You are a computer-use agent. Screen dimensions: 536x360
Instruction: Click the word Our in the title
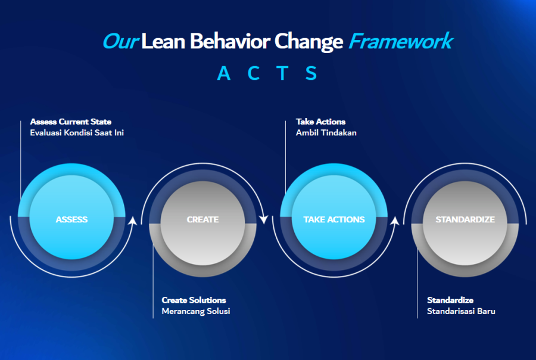(121, 41)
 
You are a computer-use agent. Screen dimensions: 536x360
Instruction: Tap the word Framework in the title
(401, 41)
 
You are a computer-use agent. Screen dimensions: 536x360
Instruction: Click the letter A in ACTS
(223, 73)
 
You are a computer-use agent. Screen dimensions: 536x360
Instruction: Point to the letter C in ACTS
(254, 73)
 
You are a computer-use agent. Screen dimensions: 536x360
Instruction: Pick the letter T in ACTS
(282, 73)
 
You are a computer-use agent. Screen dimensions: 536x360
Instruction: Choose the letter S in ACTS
(311, 73)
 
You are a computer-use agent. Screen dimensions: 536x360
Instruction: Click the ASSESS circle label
(71, 219)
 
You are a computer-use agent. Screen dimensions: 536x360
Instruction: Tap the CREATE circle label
(202, 219)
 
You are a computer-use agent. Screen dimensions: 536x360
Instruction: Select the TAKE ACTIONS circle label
(334, 219)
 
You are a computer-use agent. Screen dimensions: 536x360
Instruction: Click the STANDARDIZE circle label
(465, 219)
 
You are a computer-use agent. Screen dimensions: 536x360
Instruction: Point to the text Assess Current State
(71, 122)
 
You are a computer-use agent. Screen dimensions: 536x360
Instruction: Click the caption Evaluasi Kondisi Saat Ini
(77, 132)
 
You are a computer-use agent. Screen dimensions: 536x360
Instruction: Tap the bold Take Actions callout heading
(320, 122)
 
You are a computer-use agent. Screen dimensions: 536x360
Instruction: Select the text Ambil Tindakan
(326, 132)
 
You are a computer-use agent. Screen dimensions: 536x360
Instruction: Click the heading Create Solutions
(194, 300)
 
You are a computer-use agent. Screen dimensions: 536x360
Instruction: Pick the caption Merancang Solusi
(196, 311)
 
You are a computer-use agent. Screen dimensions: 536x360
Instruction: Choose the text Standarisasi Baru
(461, 311)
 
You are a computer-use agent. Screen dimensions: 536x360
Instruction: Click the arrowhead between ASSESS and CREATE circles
(133, 221)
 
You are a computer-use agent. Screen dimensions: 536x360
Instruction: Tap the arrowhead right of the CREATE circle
(264, 219)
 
